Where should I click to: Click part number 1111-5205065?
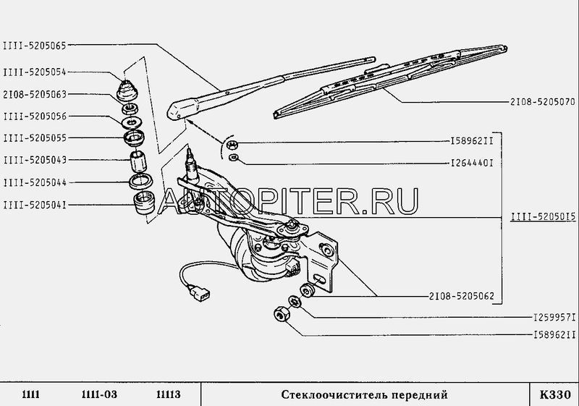34,46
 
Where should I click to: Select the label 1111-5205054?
34,72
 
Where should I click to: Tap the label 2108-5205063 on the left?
34,95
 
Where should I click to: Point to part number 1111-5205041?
34,205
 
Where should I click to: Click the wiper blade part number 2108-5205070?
542,102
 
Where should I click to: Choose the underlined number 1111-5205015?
544,216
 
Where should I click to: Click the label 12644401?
472,163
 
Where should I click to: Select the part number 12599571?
554,318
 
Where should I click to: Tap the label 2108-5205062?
461,296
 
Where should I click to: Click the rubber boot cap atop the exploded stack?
127,90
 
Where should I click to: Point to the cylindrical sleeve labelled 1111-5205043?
138,161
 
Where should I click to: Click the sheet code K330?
555,394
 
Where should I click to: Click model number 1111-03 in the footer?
99,394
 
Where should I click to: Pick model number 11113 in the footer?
169,394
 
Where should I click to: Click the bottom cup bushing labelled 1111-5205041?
143,203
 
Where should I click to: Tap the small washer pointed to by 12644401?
233,158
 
